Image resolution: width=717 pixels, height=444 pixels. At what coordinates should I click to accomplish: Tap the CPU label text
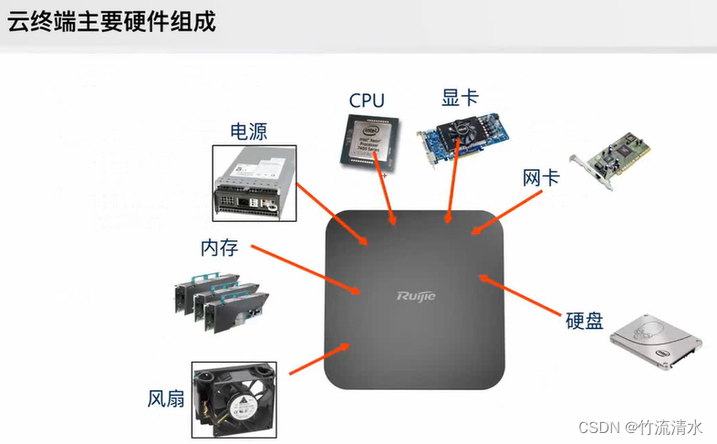tap(366, 100)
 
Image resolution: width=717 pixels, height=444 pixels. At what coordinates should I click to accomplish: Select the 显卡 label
tap(460, 97)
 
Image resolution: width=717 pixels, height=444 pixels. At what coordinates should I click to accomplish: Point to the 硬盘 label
tap(584, 321)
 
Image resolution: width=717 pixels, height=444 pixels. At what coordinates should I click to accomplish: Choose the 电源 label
tap(248, 131)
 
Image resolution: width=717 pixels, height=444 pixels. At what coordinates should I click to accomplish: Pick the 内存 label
tap(219, 248)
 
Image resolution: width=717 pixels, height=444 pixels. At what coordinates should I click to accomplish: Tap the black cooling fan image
tap(234, 398)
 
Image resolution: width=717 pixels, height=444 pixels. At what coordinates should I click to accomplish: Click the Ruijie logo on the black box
tap(416, 295)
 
